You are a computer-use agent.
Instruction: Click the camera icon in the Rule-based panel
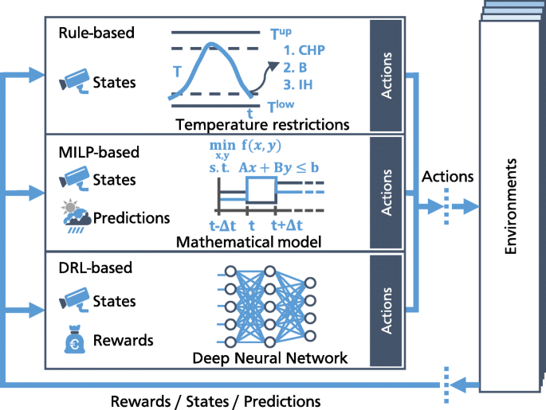75,80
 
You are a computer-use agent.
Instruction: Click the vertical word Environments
513,205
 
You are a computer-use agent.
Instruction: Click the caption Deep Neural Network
270,358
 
